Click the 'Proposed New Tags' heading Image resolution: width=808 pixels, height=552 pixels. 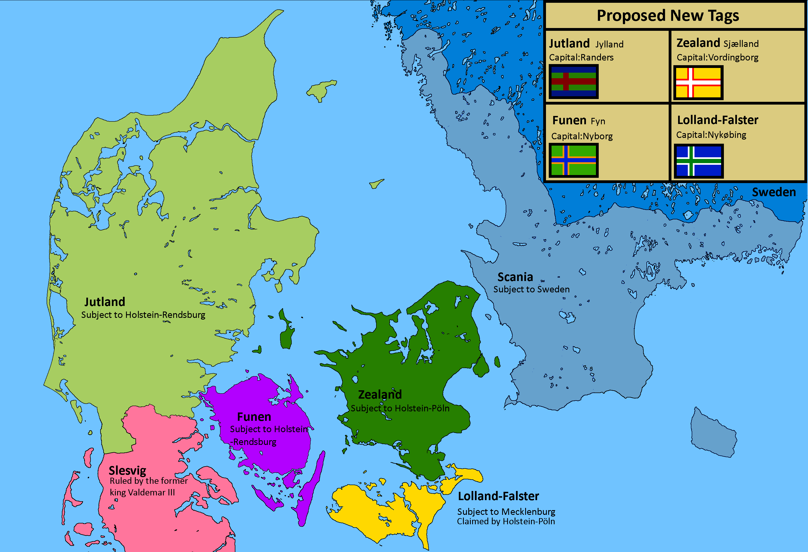pyautogui.click(x=668, y=16)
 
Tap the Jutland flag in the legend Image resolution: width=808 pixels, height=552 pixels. pyautogui.click(x=574, y=82)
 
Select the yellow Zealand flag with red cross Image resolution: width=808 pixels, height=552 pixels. pyautogui.click(x=698, y=83)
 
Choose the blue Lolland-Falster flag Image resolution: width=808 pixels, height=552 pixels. pyautogui.click(x=698, y=161)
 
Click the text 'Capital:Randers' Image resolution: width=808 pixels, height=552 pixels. pyautogui.click(x=581, y=57)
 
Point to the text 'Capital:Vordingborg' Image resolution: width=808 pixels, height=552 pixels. pyautogui.click(x=717, y=57)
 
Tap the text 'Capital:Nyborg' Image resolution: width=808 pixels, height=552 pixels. pyautogui.click(x=582, y=136)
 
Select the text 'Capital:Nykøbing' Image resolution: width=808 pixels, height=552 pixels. pyautogui.click(x=711, y=135)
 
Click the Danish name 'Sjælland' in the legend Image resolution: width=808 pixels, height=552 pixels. pyautogui.click(x=741, y=44)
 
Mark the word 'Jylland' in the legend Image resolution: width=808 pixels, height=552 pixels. pyautogui.click(x=610, y=44)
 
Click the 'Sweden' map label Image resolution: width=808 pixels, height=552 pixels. pyautogui.click(x=774, y=192)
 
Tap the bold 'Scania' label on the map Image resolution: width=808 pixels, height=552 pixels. pyautogui.click(x=515, y=277)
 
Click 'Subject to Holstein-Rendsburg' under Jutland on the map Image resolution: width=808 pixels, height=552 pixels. pyautogui.click(x=143, y=315)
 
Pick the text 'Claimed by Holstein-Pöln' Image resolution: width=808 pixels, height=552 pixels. pyautogui.click(x=506, y=521)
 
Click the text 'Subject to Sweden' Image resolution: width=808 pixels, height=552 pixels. pyautogui.click(x=531, y=289)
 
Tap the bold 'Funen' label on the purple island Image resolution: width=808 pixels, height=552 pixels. pyautogui.click(x=254, y=417)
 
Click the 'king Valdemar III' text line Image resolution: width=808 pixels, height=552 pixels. pyautogui.click(x=142, y=492)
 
